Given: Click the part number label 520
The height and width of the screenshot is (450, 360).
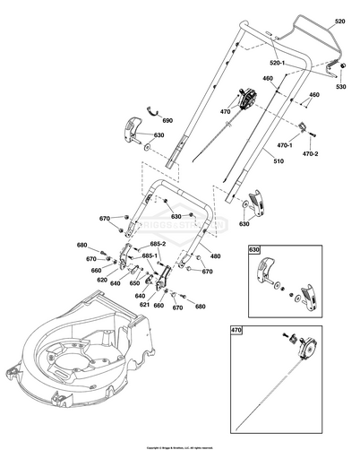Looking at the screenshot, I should coord(338,19).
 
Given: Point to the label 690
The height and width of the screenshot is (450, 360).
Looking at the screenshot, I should coord(167,119).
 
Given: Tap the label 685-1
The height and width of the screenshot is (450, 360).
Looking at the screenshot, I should coord(150,256).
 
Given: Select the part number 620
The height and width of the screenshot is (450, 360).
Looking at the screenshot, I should coord(102,280).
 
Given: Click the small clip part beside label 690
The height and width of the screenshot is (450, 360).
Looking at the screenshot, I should coord(150,111).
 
